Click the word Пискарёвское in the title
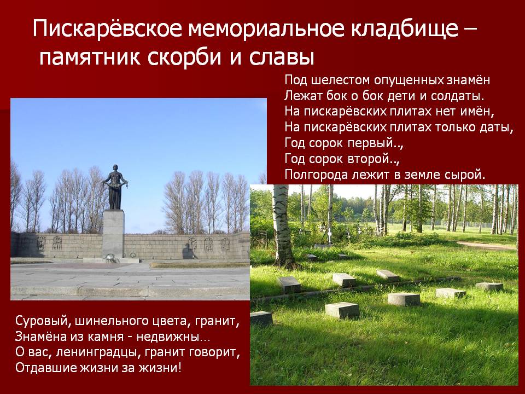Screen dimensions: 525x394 tap(108, 28)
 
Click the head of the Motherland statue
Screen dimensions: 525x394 tap(115, 168)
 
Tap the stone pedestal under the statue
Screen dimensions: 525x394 tap(113, 234)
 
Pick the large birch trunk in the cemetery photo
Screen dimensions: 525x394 tap(282, 228)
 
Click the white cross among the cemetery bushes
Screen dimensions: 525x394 tap(329, 237)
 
